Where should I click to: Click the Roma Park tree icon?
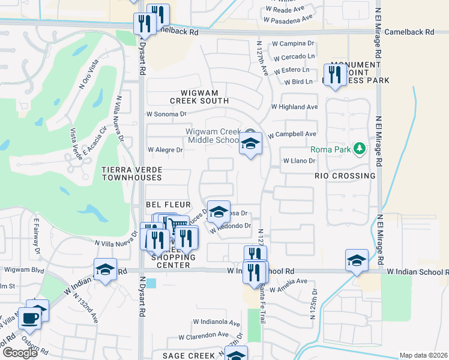[x=359, y=148]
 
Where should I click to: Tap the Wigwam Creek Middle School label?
[x=214, y=136]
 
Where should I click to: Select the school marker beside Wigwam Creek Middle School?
[x=250, y=144]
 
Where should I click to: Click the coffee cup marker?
[x=29, y=317]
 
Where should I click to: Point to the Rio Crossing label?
[x=345, y=176]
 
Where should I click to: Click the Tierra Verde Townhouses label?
[x=131, y=173]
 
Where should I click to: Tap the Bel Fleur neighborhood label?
[x=160, y=204]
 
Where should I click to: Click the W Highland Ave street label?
[x=294, y=107]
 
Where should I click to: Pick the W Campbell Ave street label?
[x=292, y=134]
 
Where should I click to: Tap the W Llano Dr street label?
[x=298, y=161]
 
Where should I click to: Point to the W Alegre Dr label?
[x=164, y=149]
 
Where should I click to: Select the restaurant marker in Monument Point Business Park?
[x=335, y=75]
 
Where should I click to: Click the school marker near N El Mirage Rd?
[x=357, y=260]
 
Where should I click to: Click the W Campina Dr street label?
[x=294, y=44]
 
